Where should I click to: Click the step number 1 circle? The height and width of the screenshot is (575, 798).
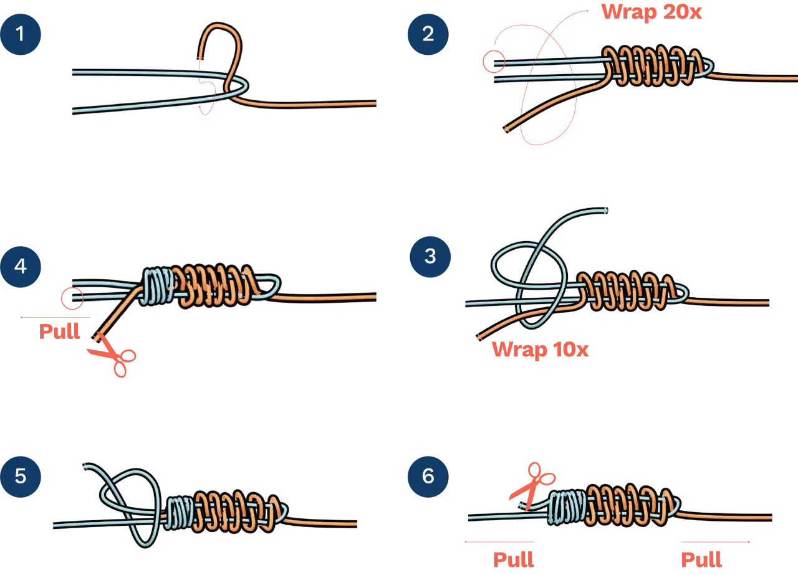[x=21, y=34]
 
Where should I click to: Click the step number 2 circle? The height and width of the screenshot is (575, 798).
[x=428, y=34]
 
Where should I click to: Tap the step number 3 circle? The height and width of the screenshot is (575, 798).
[x=430, y=257]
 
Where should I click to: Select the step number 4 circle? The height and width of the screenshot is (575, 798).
[x=21, y=267]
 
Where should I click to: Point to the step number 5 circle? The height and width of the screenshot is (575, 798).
[x=21, y=477]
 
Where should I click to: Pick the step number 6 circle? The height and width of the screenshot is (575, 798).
[x=428, y=477]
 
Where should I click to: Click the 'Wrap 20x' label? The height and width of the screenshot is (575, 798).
[x=651, y=12]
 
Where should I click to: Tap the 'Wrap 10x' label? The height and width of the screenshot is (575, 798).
[x=540, y=349]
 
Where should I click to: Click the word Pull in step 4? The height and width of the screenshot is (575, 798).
[x=59, y=331]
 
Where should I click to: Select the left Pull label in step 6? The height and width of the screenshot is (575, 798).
[x=513, y=559]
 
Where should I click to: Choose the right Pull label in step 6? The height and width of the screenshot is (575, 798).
[x=701, y=559]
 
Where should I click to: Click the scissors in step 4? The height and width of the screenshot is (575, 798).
[x=113, y=356]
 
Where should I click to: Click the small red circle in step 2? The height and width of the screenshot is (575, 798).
[x=494, y=62]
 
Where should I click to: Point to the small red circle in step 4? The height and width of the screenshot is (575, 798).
[x=72, y=298]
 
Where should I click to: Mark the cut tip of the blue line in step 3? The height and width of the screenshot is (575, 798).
[x=606, y=211]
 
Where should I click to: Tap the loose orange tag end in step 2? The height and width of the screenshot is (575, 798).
[x=506, y=129]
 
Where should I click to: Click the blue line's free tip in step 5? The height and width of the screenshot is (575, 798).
[x=85, y=466]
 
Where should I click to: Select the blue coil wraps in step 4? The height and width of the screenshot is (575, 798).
[x=156, y=287]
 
